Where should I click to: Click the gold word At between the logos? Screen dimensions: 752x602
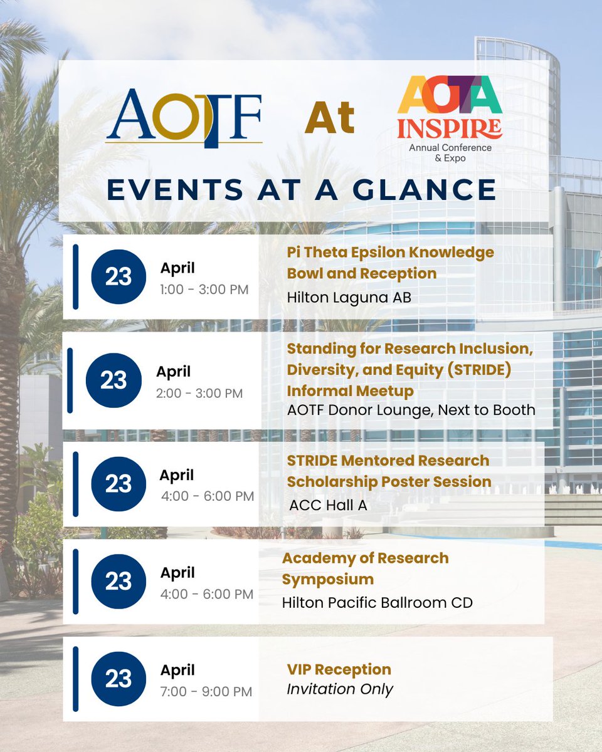click(x=330, y=118)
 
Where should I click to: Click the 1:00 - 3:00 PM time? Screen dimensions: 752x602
click(x=204, y=290)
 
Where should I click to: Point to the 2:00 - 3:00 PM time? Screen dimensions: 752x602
click(x=199, y=394)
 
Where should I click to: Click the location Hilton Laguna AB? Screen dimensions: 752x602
click(x=349, y=297)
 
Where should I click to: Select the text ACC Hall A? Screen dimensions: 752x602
click(x=327, y=506)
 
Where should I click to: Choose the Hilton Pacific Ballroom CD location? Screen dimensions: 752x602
click(x=377, y=602)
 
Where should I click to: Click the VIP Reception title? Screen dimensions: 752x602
click(x=339, y=669)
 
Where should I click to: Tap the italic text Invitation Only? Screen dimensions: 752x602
click(x=340, y=689)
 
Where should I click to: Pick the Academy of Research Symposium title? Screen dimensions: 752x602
click(x=365, y=568)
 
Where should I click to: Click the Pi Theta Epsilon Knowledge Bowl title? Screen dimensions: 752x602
click(x=390, y=263)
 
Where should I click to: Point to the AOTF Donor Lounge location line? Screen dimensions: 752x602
click(x=411, y=410)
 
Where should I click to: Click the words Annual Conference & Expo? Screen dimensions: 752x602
click(x=450, y=153)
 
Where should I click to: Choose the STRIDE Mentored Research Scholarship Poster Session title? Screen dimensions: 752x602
click(x=389, y=471)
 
